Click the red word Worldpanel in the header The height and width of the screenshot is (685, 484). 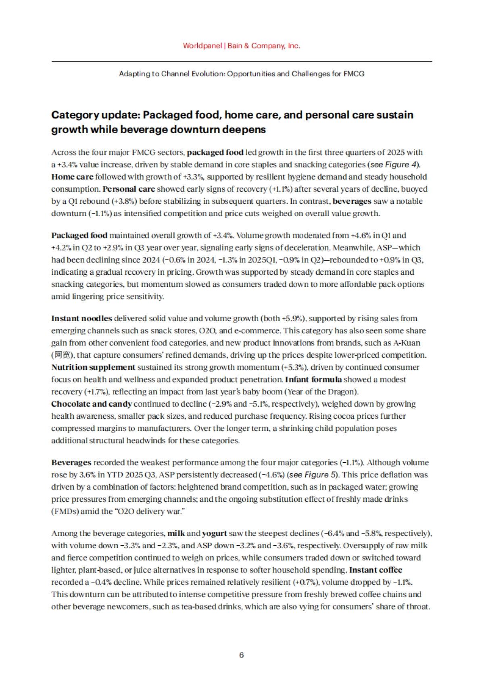click(202, 46)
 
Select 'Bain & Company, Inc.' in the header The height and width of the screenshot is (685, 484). click(264, 46)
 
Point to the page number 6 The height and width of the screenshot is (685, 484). click(242, 655)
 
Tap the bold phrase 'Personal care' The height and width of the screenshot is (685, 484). click(129, 189)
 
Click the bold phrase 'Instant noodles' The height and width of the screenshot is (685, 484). click(81, 318)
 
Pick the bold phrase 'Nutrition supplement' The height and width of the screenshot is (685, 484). click(93, 367)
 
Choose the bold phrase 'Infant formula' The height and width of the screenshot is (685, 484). click(313, 379)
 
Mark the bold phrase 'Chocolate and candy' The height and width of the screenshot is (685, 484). click(92, 404)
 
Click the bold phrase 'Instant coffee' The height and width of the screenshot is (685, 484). click(376, 570)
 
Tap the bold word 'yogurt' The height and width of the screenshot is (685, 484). click(214, 533)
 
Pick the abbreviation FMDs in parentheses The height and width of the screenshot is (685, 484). click(65, 512)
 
